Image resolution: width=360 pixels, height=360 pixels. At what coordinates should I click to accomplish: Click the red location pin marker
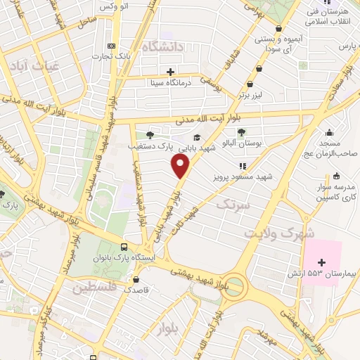pyautogui.click(x=181, y=166)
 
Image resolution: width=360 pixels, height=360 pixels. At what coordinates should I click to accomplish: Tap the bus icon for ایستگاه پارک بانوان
pyautogui.click(x=124, y=247)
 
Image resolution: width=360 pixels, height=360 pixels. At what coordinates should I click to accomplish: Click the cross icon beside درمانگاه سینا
pyautogui.click(x=171, y=71)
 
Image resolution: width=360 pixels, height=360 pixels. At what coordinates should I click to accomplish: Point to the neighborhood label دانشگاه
pyautogui.click(x=162, y=46)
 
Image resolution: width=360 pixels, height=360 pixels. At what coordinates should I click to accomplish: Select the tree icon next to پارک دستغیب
pyautogui.click(x=149, y=135)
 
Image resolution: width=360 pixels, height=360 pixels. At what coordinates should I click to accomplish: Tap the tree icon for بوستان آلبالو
pyautogui.click(x=241, y=131)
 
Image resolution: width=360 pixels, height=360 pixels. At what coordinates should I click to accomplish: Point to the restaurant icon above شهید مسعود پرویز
pyautogui.click(x=243, y=166)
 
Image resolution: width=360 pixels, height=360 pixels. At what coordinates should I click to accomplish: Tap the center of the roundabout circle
pyautogui.click(x=235, y=288)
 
